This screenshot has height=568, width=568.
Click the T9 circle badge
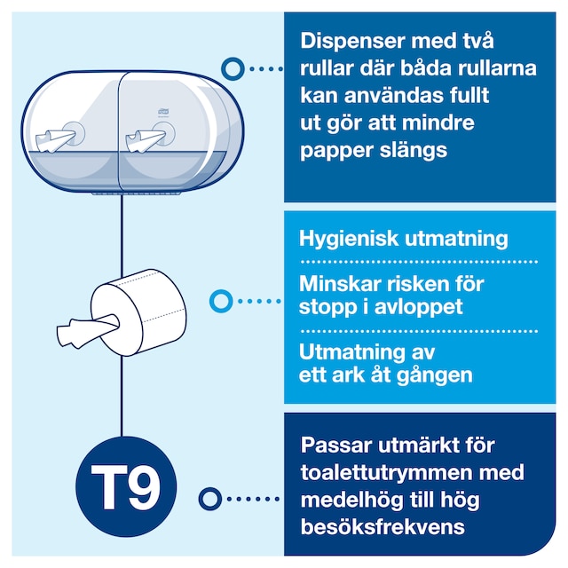click(126, 486)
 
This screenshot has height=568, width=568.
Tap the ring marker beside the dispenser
click(233, 69)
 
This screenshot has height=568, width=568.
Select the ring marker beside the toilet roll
click(221, 301)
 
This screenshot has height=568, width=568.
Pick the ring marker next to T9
click(210, 499)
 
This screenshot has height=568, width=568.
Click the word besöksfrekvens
click(383, 526)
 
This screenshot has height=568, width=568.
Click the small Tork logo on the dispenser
click(162, 111)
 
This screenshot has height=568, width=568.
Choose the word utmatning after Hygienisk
click(456, 240)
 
